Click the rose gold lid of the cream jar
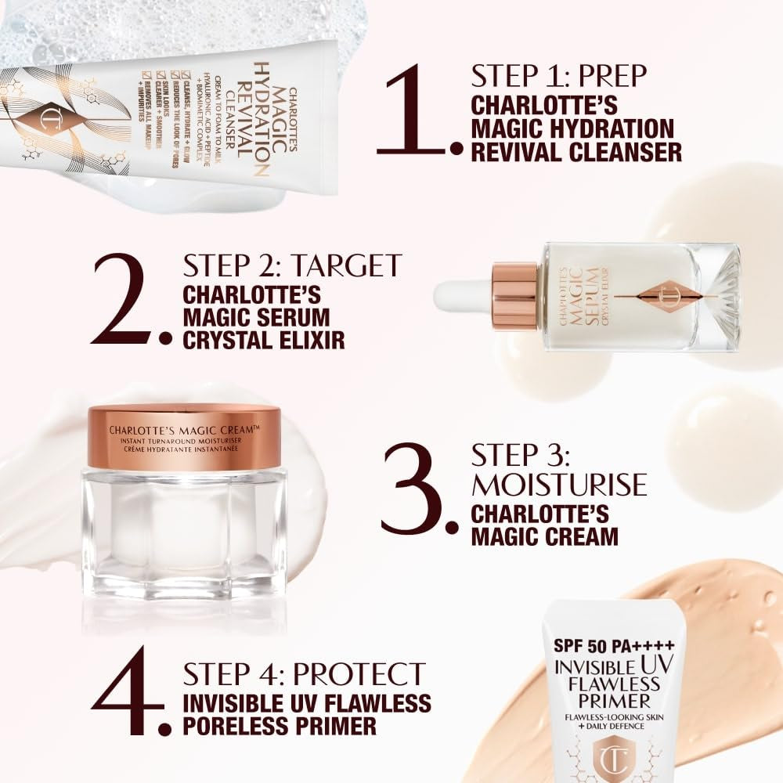tap(184, 438)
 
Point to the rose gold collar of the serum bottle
tap(514, 296)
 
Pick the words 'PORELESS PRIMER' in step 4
tap(280, 726)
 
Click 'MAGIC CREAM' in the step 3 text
tap(544, 536)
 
